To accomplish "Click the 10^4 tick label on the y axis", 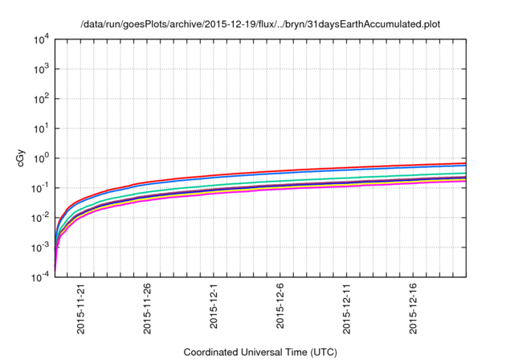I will [41, 39].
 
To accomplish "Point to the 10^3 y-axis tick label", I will [41, 68].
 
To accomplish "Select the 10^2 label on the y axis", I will [41, 98].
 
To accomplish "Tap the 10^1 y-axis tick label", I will [41, 128].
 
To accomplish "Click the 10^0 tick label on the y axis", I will [41, 157].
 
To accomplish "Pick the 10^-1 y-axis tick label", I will [40, 187].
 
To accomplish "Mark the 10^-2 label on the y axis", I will [40, 217].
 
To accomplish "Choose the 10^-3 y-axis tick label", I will [40, 247].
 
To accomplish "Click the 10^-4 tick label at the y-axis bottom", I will [40, 276].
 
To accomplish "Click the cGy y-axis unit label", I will [22, 158].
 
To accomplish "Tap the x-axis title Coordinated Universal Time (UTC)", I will [260, 352].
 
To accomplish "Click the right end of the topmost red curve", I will [466, 163].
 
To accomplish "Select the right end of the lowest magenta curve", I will [466, 181].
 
